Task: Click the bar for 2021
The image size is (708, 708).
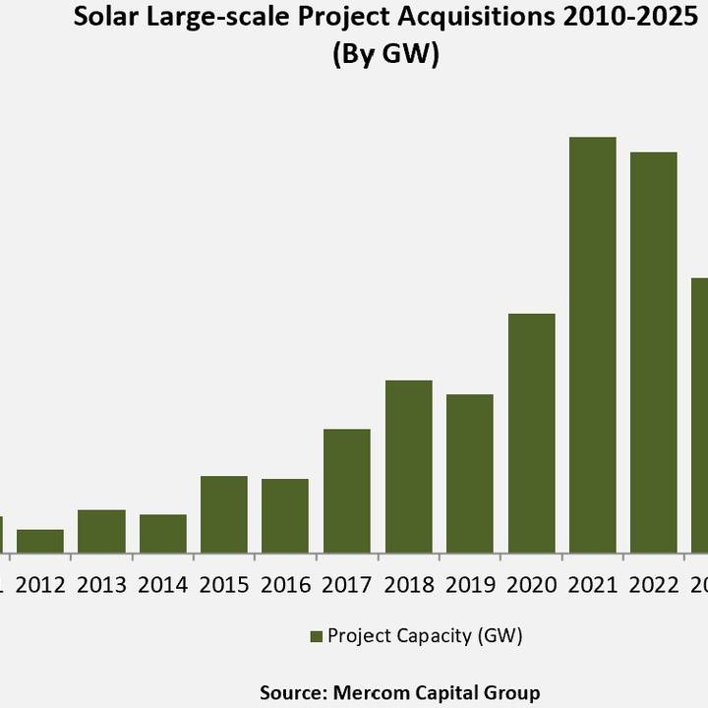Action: click(x=593, y=344)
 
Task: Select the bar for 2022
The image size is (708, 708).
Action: click(x=654, y=352)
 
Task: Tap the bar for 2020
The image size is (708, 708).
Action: click(x=532, y=433)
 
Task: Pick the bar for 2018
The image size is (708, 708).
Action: click(x=409, y=466)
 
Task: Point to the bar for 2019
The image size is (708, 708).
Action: click(x=470, y=473)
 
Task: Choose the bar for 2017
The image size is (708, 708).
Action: click(x=347, y=491)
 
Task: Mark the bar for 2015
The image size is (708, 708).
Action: click(x=224, y=514)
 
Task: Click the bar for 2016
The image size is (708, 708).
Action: click(x=285, y=515)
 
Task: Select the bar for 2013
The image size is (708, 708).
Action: click(x=101, y=531)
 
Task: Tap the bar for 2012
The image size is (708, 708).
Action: click(x=40, y=541)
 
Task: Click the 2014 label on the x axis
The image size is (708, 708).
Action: click(x=163, y=585)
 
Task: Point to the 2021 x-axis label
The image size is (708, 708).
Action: click(x=593, y=585)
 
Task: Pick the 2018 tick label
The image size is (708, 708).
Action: click(x=409, y=585)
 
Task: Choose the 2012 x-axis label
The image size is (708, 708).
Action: click(x=40, y=585)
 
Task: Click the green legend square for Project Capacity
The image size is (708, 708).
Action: click(x=316, y=636)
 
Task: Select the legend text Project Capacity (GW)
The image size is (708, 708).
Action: click(x=425, y=636)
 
